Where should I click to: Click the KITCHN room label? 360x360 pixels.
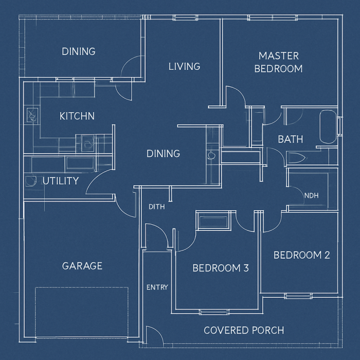click(x=77, y=116)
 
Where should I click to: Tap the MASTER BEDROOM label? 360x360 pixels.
click(x=279, y=62)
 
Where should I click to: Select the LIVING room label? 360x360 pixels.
click(x=184, y=66)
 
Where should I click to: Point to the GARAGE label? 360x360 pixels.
click(x=82, y=266)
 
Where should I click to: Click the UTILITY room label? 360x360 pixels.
click(x=61, y=181)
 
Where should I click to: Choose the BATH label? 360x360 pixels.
click(x=291, y=139)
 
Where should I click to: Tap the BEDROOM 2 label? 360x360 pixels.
click(x=302, y=255)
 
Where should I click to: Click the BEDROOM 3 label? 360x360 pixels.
click(x=221, y=268)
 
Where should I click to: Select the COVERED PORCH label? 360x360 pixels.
click(x=244, y=330)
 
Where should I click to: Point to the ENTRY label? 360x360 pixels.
click(x=157, y=287)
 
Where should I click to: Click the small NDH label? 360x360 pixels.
click(x=311, y=195)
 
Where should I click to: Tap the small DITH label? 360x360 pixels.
click(x=156, y=207)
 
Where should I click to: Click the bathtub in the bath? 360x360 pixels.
click(x=328, y=127)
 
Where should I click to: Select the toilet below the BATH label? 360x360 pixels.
click(x=297, y=158)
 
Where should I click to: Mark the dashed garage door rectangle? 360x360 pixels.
click(x=81, y=312)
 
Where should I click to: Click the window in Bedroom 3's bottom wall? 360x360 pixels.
click(x=214, y=312)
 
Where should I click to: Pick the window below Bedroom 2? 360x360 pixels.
click(x=298, y=296)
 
